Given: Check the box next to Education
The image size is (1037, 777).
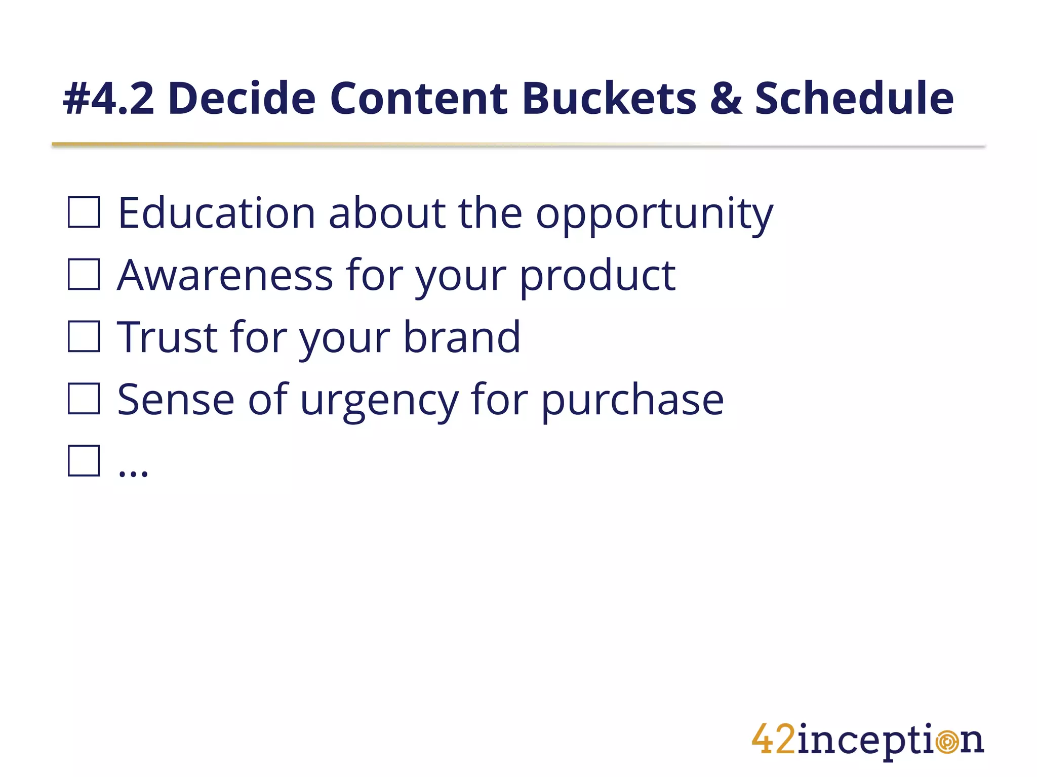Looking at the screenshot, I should [84, 212].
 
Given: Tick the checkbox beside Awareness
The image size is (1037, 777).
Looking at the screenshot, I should [84, 275].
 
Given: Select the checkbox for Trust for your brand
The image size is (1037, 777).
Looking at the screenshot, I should [84, 336].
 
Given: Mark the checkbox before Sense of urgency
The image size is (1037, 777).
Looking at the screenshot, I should [84, 399].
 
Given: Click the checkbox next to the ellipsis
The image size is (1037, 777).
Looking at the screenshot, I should [84, 461].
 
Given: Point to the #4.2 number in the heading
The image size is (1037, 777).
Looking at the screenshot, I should [109, 99].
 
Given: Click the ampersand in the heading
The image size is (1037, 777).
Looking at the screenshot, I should [726, 99].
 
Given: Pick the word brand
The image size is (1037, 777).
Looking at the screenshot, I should [461, 337].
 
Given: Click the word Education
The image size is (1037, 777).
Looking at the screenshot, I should [217, 213].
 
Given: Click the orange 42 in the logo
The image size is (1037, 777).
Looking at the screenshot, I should [773, 740].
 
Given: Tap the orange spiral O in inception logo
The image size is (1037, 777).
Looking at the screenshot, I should [946, 742].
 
